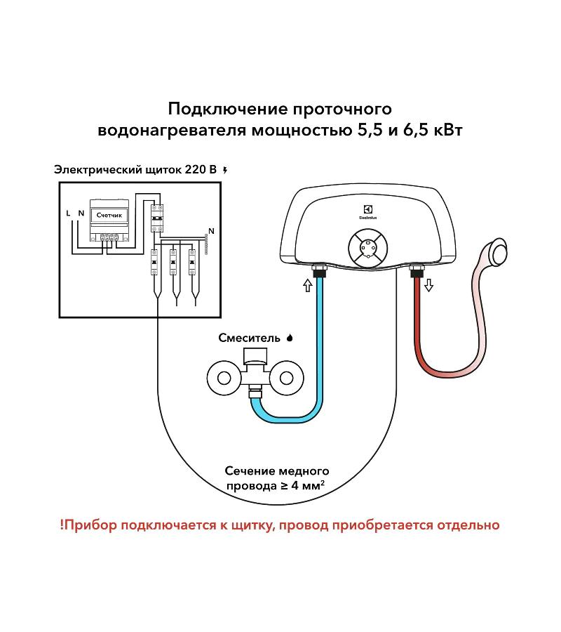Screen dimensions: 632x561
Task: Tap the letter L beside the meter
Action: (68, 213)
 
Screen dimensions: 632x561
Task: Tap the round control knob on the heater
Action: (367, 251)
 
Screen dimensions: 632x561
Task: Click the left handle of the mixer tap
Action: (224, 378)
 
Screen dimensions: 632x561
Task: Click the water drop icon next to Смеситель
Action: (290, 338)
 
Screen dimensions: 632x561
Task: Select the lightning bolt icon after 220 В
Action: (224, 170)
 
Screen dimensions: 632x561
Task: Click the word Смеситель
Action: (248, 338)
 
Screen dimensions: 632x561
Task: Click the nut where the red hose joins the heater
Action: (414, 270)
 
